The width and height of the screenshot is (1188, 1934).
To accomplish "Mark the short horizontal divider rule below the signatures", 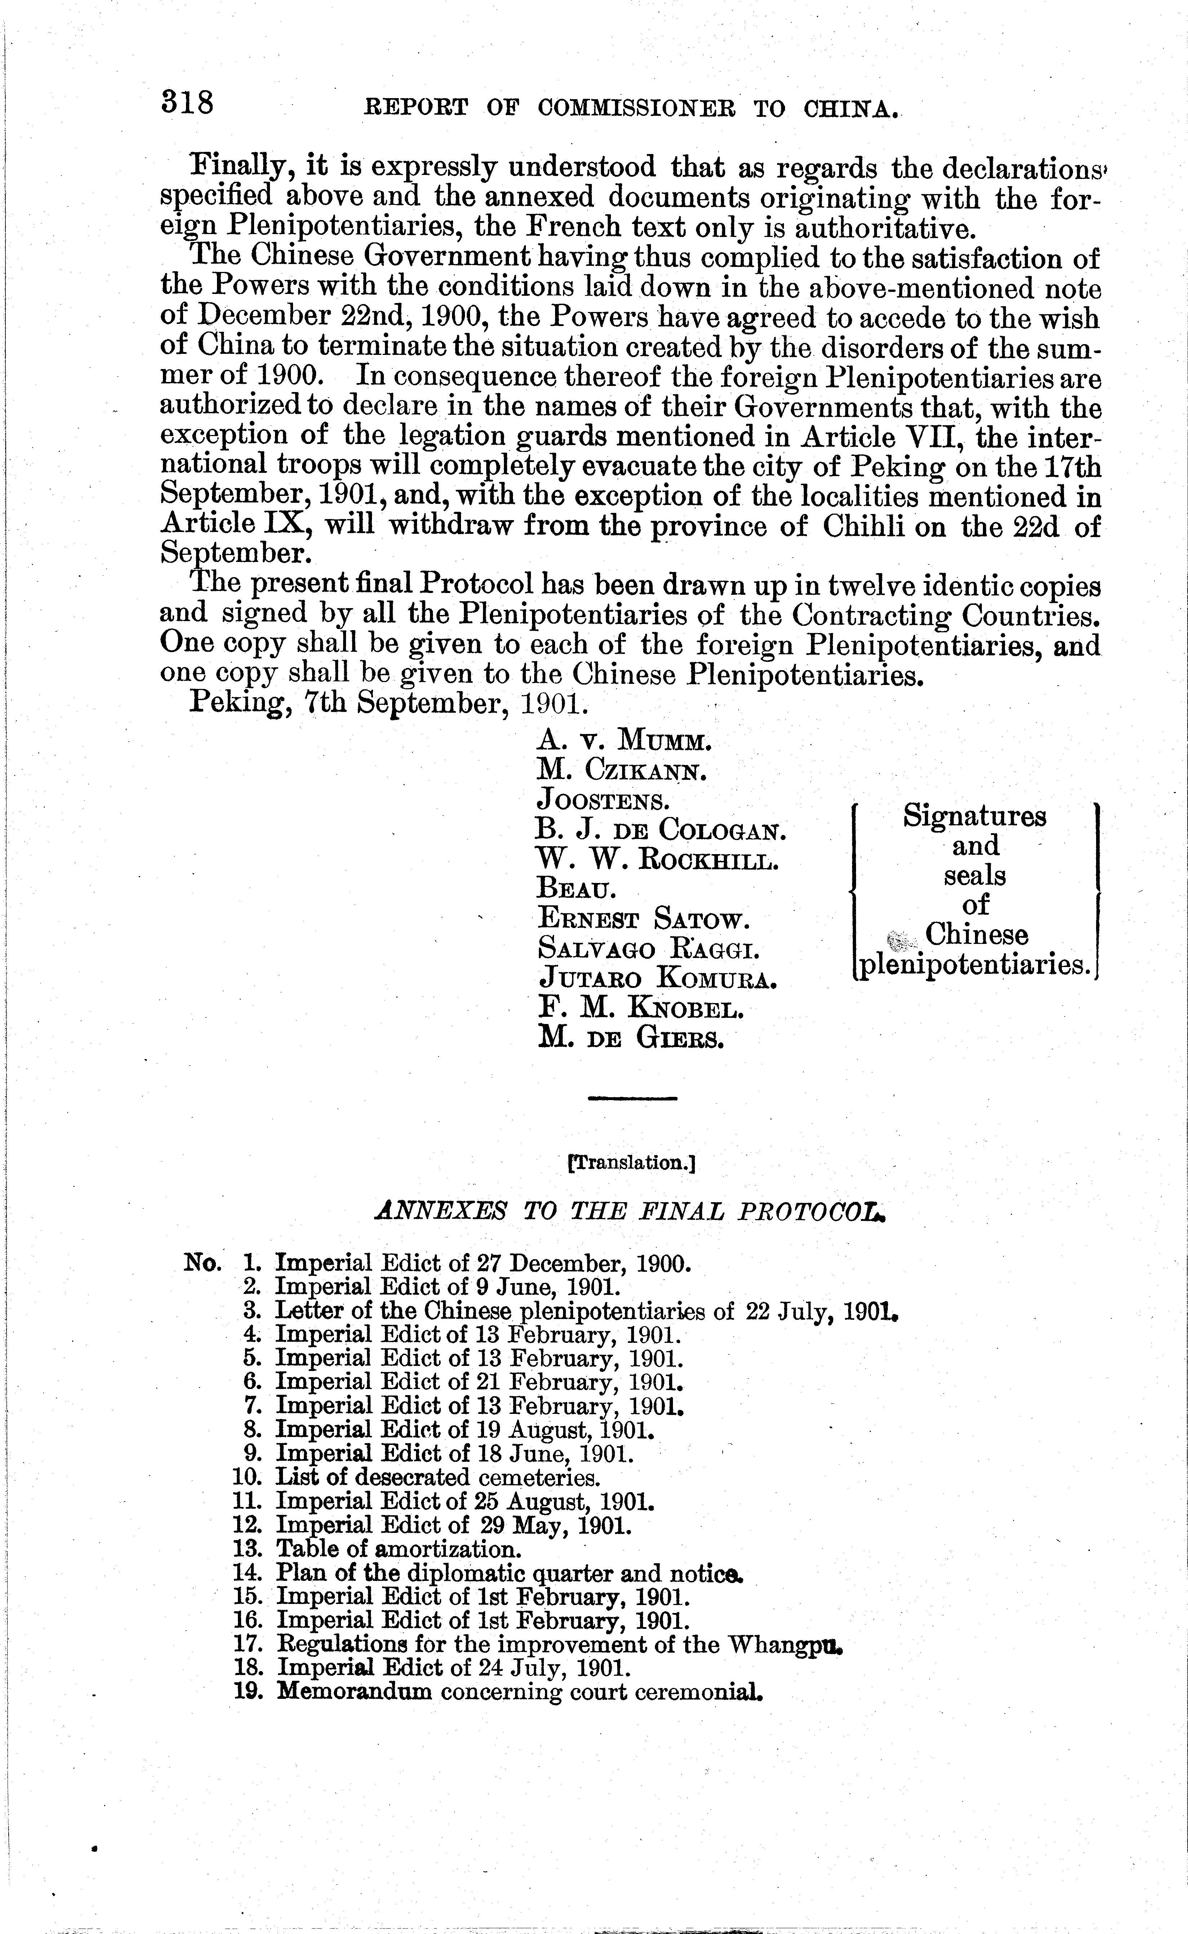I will point(632,1098).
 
